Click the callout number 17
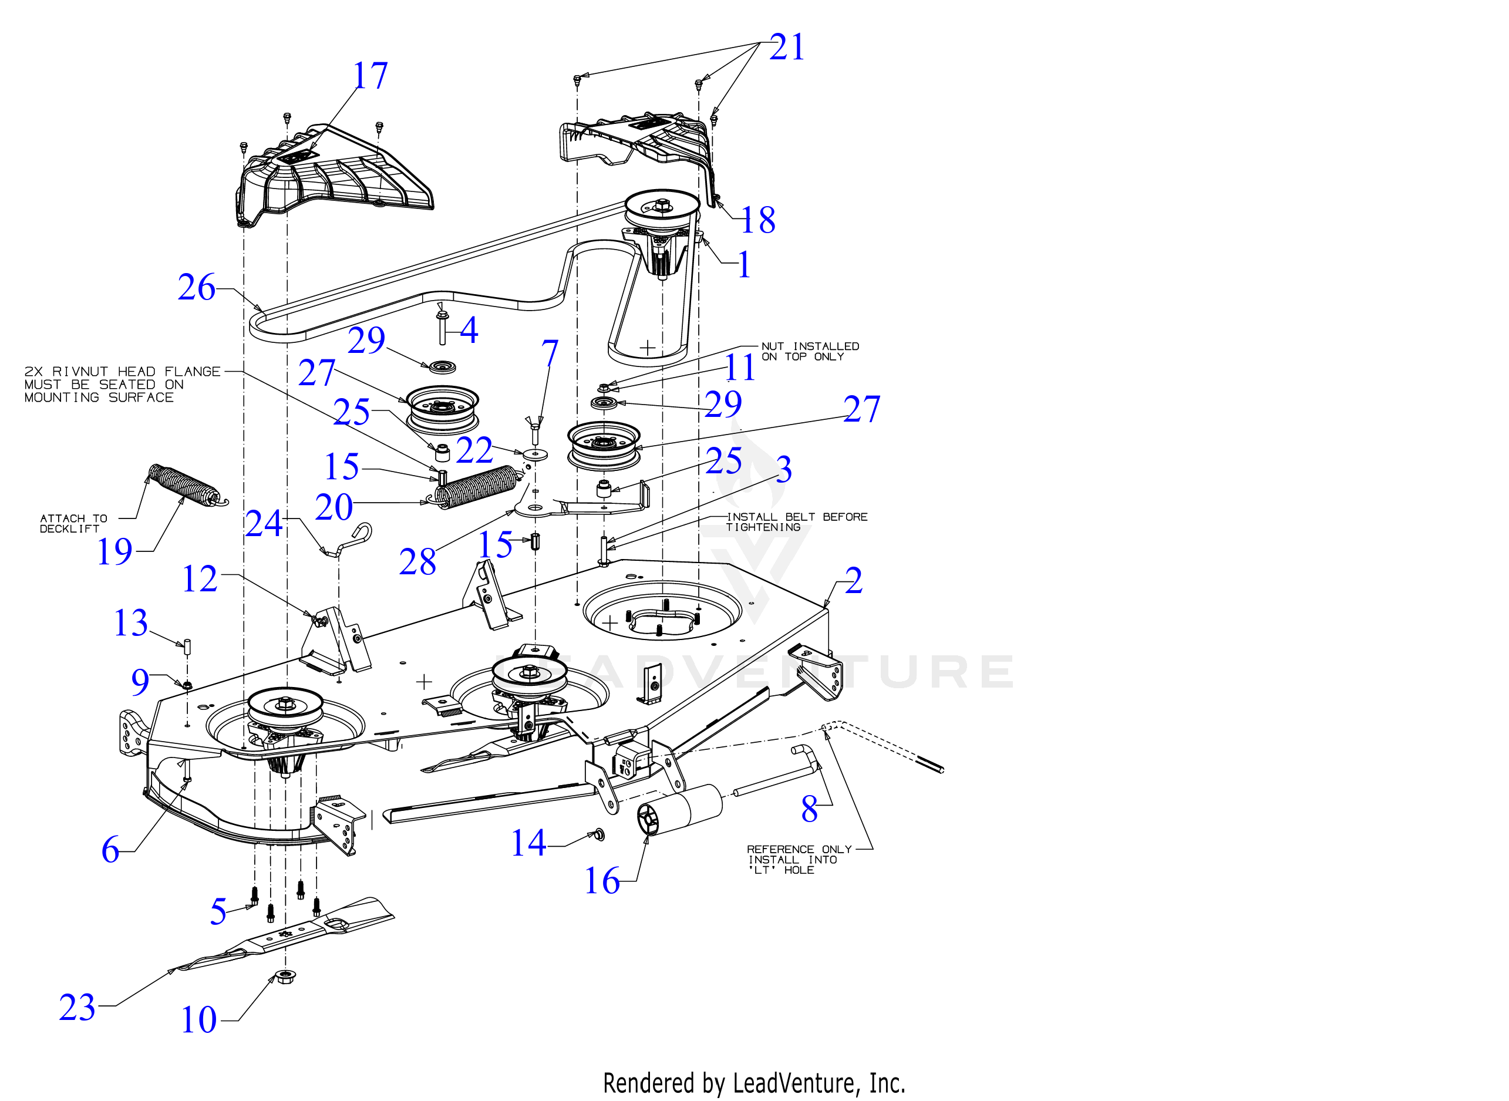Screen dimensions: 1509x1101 pyautogui.click(x=370, y=75)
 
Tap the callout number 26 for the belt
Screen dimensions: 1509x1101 pyautogui.click(x=197, y=287)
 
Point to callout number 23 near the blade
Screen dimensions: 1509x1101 pyautogui.click(x=78, y=1007)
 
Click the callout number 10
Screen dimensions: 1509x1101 pyautogui.click(x=199, y=1020)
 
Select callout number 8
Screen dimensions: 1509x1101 pyautogui.click(x=810, y=809)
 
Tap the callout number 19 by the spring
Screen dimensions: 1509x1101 pyautogui.click(x=114, y=551)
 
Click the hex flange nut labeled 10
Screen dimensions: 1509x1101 pyautogui.click(x=286, y=977)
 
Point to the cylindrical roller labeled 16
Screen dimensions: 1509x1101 pyautogui.click(x=679, y=810)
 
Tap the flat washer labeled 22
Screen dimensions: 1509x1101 pyautogui.click(x=535, y=454)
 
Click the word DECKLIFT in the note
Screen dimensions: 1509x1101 pyautogui.click(x=69, y=528)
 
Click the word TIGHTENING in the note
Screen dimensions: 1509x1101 pyautogui.click(x=763, y=527)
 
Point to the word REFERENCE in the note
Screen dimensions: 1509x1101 pyautogui.click(x=780, y=849)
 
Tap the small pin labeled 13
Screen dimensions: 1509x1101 pyautogui.click(x=187, y=647)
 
